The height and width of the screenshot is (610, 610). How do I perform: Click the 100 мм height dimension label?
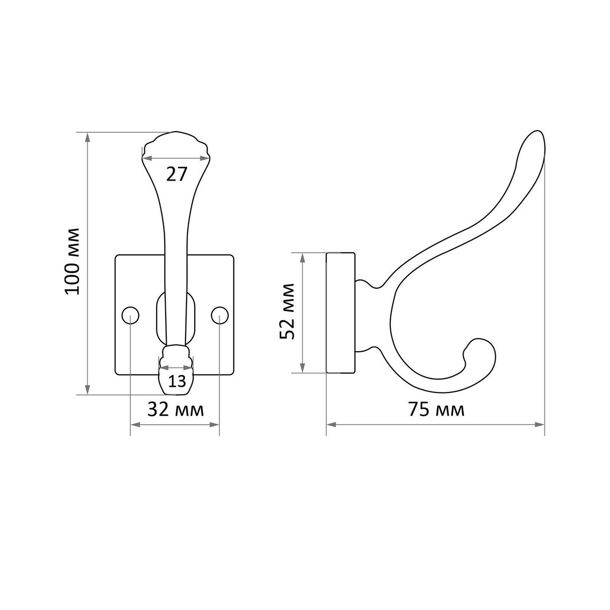[72, 261]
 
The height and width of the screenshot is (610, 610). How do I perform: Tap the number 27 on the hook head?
[176, 174]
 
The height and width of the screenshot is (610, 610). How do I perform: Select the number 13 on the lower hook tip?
[176, 381]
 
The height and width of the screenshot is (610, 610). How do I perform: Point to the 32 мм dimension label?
[175, 410]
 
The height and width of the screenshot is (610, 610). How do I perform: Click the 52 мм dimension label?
[287, 312]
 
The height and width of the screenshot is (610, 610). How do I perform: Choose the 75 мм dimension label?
[436, 410]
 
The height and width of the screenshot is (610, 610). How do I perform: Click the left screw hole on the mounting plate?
[131, 315]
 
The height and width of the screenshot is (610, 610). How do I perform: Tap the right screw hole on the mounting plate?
[220, 315]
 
